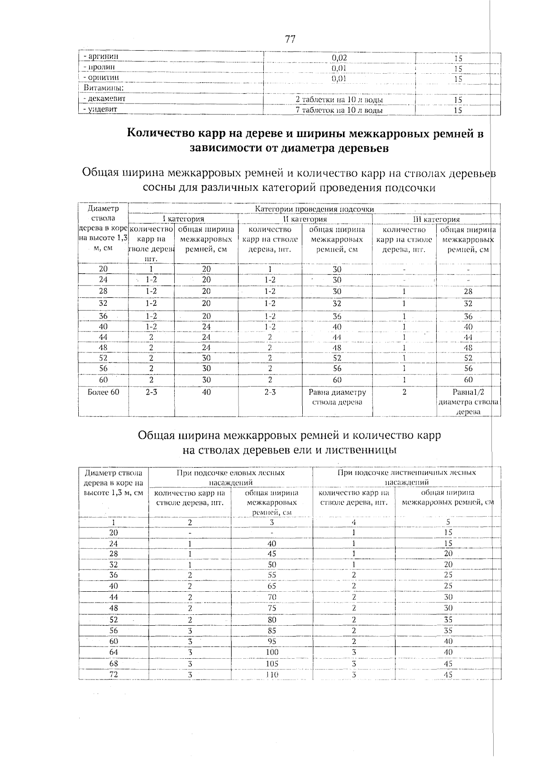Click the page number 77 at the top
tap(290, 39)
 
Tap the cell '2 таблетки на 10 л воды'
tap(339, 100)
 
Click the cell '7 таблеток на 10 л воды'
tap(339, 110)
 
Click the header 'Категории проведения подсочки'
tap(314, 209)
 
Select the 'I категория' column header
tap(183, 219)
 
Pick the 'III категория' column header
tap(436, 219)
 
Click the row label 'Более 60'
tap(103, 392)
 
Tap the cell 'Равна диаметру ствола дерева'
tap(337, 397)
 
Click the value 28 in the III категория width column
tap(468, 292)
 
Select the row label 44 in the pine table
tap(103, 337)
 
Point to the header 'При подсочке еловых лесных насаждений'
tap(230, 477)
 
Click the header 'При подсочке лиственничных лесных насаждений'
tap(406, 477)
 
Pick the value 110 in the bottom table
tap(271, 675)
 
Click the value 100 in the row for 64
tap(271, 652)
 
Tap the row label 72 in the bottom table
tap(114, 674)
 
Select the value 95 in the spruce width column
tap(271, 641)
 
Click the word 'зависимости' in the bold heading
tap(233, 148)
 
